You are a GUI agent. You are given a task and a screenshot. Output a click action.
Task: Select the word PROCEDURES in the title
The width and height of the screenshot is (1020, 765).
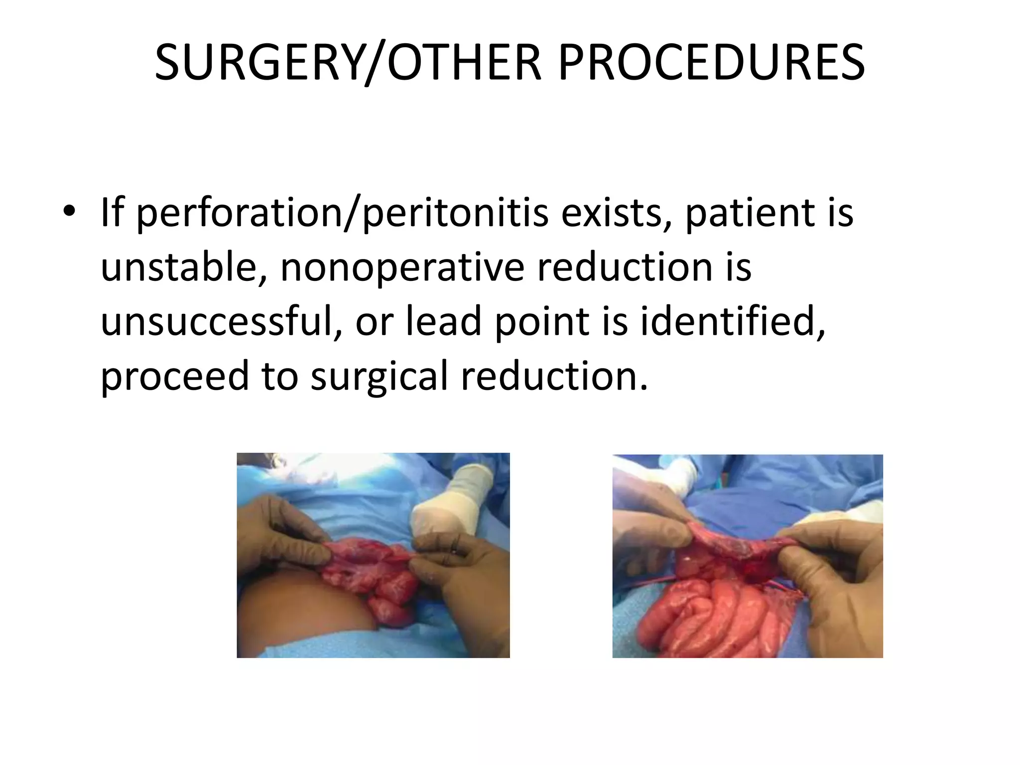coord(711,63)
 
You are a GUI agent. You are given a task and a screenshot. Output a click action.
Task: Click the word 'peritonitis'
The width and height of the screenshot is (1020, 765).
coord(455,213)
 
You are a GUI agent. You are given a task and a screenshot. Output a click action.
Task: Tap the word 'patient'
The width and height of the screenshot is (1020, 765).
coord(750,213)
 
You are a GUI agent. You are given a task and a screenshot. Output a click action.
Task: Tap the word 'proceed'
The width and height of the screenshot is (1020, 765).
coord(174,377)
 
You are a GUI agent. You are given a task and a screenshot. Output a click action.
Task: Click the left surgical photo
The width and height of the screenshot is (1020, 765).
coord(373,555)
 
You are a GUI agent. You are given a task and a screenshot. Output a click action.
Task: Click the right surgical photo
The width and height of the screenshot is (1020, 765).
coord(747,556)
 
